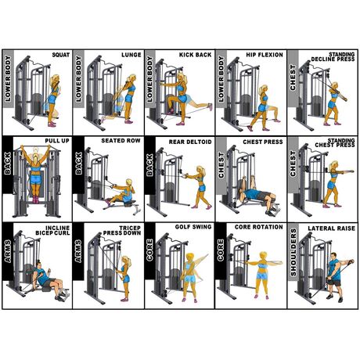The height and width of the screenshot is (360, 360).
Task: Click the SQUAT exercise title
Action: (x=61, y=55)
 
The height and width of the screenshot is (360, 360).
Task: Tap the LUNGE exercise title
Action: (x=131, y=55)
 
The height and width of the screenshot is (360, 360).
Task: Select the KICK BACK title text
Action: (x=195, y=55)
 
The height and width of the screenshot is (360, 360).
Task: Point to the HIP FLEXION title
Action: (x=265, y=55)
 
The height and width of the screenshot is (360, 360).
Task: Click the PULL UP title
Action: (x=57, y=141)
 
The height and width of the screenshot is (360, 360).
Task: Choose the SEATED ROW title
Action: (x=121, y=141)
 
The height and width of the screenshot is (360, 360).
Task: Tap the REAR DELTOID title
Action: (x=190, y=142)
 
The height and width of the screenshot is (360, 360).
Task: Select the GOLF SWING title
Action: (x=193, y=227)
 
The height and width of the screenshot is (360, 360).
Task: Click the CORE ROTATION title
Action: (x=259, y=227)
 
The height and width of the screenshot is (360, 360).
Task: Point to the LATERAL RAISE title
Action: (x=331, y=229)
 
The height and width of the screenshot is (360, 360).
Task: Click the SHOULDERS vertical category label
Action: (x=293, y=253)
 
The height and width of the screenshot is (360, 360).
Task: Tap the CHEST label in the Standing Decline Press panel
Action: (x=293, y=77)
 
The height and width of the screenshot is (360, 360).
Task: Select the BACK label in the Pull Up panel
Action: (x=8, y=164)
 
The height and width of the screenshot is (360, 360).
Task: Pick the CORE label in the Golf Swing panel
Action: (x=149, y=250)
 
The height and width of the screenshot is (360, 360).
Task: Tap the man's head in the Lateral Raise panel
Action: (x=333, y=256)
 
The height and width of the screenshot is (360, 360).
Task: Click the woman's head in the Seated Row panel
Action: (x=129, y=182)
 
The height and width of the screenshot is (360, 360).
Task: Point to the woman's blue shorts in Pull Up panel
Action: (x=35, y=179)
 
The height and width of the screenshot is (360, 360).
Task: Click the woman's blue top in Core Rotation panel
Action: (x=262, y=266)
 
